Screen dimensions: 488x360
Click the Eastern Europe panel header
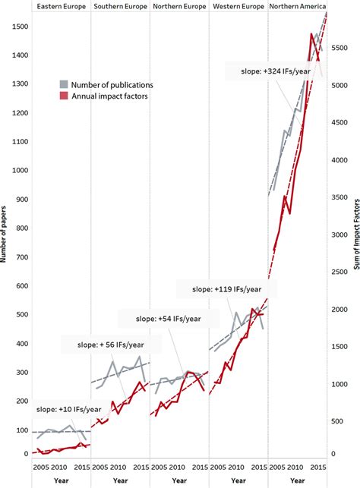(x=61, y=6)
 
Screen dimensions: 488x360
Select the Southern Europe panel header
(x=120, y=6)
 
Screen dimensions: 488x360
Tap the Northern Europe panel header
(x=179, y=6)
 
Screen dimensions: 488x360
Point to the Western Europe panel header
(x=238, y=6)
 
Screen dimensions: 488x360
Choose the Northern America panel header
(x=298, y=6)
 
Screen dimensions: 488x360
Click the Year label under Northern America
(x=298, y=480)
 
